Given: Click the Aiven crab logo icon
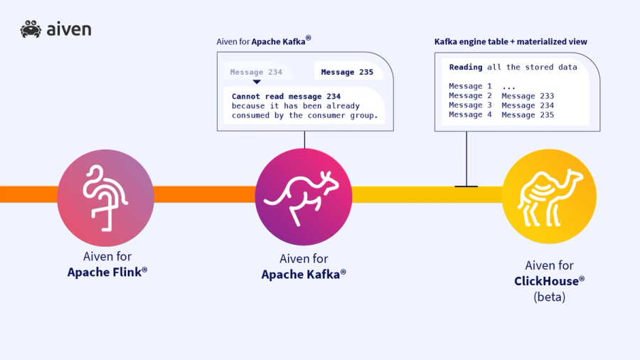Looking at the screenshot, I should (x=31, y=29).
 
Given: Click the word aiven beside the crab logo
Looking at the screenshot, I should (x=69, y=29).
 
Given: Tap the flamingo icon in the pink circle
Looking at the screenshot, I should (x=105, y=198).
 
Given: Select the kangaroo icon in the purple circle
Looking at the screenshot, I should (x=304, y=197).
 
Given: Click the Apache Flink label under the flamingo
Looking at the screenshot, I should (x=107, y=272).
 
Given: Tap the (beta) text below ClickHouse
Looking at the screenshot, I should (x=549, y=297).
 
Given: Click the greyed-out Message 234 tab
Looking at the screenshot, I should (x=256, y=72).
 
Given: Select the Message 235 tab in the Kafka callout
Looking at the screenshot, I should (x=347, y=72).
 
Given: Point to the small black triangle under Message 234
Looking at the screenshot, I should (x=257, y=82).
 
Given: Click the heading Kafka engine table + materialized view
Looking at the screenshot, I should (x=511, y=42).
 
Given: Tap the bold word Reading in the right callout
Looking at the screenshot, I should (x=465, y=68).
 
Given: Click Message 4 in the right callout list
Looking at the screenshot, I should (x=470, y=115).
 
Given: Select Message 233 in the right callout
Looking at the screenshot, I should (x=528, y=96).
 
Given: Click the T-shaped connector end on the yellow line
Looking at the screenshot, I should (x=466, y=186).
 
